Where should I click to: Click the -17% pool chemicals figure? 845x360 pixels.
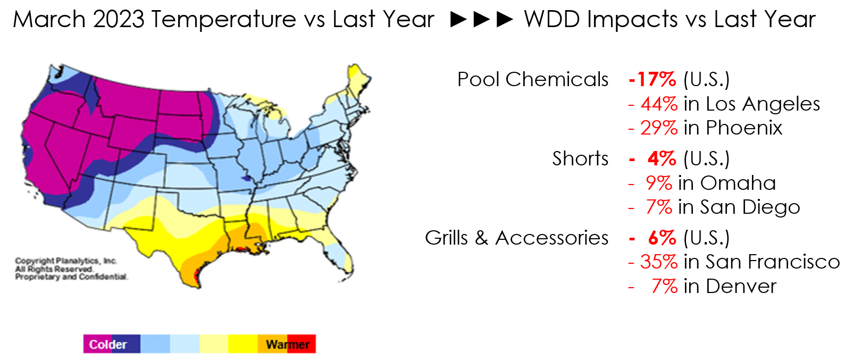[652, 79]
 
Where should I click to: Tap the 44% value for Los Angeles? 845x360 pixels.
[659, 104]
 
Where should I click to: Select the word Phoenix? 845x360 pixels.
[744, 128]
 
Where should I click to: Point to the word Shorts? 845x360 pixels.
[580, 158]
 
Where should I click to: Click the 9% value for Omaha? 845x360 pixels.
[659, 183]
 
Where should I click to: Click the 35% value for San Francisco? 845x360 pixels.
[659, 262]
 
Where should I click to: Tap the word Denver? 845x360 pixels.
[741, 287]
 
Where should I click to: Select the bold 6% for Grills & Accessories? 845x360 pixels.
[662, 238]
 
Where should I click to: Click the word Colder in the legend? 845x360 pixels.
[108, 345]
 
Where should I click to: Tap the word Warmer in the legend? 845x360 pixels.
[288, 345]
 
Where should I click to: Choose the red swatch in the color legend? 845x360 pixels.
[302, 344]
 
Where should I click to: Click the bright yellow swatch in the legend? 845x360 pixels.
[243, 344]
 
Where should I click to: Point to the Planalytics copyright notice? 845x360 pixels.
[71, 269]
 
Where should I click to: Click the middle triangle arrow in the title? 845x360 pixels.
[482, 19]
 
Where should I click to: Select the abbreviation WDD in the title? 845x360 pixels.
[552, 19]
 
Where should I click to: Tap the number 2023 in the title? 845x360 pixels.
[119, 19]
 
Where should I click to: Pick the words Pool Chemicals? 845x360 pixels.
[533, 79]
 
